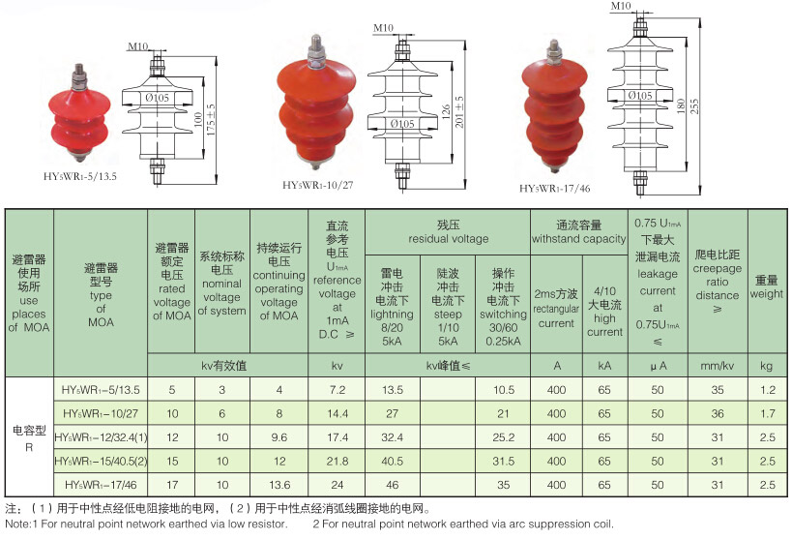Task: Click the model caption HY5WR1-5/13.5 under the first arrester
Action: (80, 176)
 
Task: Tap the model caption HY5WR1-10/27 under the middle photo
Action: (318, 185)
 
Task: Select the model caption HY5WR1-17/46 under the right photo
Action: (555, 189)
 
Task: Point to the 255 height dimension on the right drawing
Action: (694, 106)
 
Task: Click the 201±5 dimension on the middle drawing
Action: (458, 111)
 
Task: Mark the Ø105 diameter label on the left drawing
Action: (157, 98)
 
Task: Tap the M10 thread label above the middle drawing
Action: (383, 28)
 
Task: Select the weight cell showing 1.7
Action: (767, 413)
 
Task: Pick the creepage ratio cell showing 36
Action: (718, 413)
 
